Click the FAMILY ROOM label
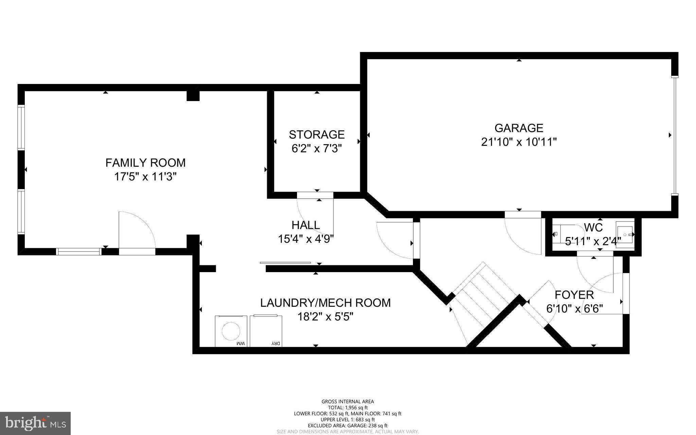click(145, 163)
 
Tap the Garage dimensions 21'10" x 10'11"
click(519, 142)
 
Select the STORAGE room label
click(317, 135)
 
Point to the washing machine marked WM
click(231, 331)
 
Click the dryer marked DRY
click(266, 331)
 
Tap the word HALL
click(306, 225)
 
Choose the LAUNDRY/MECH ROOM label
click(325, 303)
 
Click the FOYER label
click(574, 295)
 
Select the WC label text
click(593, 227)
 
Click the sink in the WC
click(625, 234)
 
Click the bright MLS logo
click(35, 423)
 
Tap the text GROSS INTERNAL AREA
click(348, 402)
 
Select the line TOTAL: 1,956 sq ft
click(348, 407)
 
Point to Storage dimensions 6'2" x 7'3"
click(316, 149)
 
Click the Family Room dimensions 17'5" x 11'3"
click(145, 177)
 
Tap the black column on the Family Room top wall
click(193, 96)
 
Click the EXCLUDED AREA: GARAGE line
click(348, 425)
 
